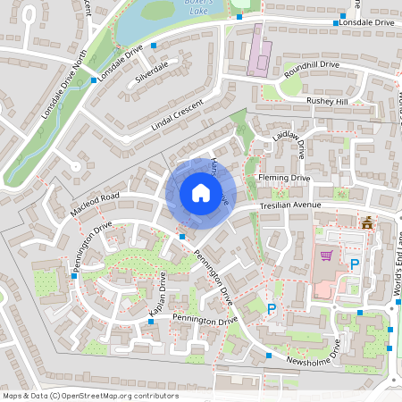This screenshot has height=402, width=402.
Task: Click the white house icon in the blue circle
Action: point(201,193)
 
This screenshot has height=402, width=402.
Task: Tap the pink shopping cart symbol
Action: point(326,255)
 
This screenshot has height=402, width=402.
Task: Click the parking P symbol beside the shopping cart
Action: point(355,264)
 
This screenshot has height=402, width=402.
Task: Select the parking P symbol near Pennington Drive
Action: point(272,309)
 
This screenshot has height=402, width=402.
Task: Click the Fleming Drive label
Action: point(283,178)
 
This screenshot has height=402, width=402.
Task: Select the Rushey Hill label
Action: point(326,102)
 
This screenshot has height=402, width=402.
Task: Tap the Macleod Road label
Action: point(94,205)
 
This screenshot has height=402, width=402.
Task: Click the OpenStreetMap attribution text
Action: point(90,396)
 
